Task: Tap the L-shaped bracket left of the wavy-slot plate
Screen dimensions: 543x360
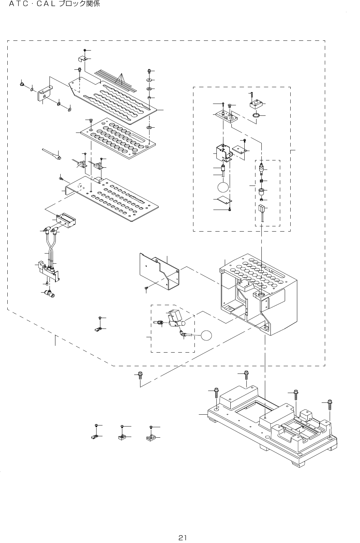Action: (x=44, y=92)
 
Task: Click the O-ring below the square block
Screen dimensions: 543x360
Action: (x=256, y=115)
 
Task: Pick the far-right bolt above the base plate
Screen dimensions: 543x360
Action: (x=330, y=405)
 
